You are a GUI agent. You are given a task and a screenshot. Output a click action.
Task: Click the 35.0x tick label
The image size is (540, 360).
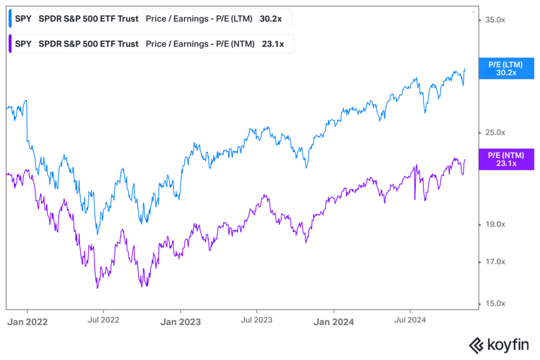[495, 20]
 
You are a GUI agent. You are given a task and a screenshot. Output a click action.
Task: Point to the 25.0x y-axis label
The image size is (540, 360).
[495, 132]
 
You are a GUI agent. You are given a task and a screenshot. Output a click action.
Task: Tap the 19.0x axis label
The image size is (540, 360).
[495, 225]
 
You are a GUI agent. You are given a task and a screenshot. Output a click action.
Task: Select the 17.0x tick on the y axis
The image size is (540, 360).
[495, 262]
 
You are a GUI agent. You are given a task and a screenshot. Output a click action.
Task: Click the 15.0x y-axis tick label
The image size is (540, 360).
[495, 304]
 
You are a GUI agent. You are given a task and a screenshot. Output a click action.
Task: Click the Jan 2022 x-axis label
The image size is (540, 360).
[27, 322]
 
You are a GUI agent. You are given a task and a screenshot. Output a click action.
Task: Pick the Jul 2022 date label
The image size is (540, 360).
[103, 320]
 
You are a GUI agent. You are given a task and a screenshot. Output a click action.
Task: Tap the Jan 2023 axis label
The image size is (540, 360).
[180, 322]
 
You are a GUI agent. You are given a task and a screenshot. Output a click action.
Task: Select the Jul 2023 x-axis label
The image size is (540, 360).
[257, 320]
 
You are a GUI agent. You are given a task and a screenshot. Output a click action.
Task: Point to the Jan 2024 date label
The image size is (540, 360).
[334, 322]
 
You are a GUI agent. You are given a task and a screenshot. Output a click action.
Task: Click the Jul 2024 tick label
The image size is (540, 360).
[410, 320]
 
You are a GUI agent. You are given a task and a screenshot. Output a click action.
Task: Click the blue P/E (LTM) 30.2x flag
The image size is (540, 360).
[506, 69]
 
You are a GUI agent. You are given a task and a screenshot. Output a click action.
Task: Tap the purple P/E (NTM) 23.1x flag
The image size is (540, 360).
[506, 159]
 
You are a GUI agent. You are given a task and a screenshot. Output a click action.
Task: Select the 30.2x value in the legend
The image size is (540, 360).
[271, 19]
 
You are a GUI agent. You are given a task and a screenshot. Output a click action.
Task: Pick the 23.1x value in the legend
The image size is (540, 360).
[273, 44]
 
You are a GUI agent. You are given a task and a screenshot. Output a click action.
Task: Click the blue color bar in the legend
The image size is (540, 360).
[10, 18]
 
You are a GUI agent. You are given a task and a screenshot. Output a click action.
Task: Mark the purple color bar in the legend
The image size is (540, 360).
[10, 44]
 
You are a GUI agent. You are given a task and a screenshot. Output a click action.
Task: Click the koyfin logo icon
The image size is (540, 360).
[477, 345]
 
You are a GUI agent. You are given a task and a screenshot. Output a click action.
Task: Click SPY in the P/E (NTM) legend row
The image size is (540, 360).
[23, 44]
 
